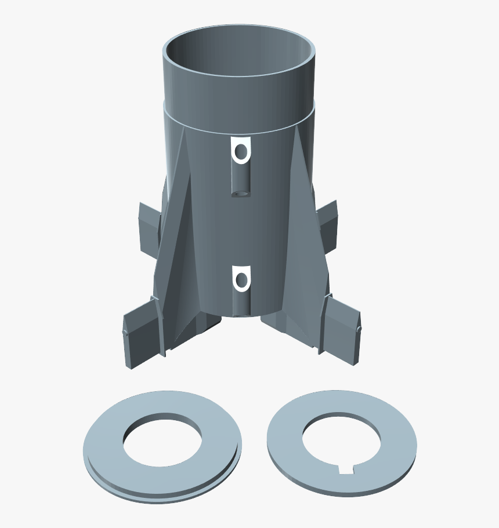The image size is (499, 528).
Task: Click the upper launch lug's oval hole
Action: [240, 152]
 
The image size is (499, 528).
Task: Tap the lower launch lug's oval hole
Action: [241, 281]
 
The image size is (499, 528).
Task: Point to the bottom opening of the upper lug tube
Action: [240, 192]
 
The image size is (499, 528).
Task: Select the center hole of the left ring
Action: [162, 440]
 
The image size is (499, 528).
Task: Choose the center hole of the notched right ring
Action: [341, 442]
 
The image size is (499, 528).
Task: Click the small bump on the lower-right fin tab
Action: [359, 329]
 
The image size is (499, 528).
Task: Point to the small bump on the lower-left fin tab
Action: [123, 332]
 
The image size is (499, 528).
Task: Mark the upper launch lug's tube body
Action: [240, 177]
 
